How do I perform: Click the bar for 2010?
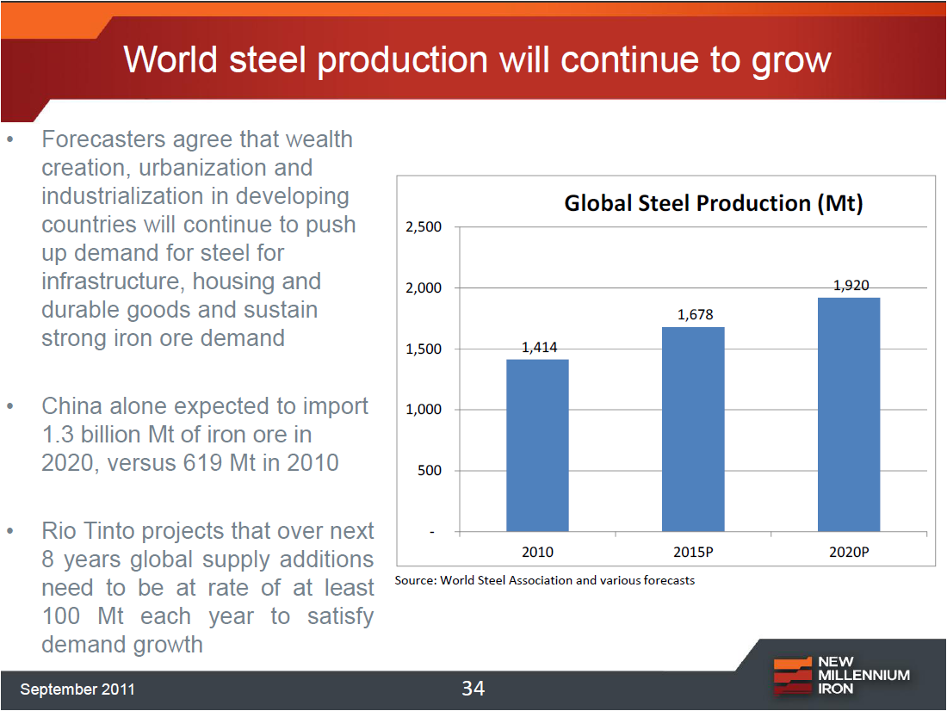pyautogui.click(x=537, y=445)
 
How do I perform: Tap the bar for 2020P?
pyautogui.click(x=849, y=414)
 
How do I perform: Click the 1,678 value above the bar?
pyautogui.click(x=695, y=315)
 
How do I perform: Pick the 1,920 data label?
pyautogui.click(x=851, y=285)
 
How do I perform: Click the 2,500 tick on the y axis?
pyautogui.click(x=423, y=227)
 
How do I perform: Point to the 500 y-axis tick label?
pyautogui.click(x=429, y=471)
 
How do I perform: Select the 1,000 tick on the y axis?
pyautogui.click(x=423, y=410)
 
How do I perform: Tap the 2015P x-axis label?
pyautogui.click(x=693, y=552)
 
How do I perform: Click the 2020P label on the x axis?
pyautogui.click(x=849, y=552)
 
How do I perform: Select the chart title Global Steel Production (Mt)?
pyautogui.click(x=713, y=203)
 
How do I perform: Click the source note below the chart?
pyautogui.click(x=544, y=580)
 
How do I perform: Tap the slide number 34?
pyautogui.click(x=473, y=688)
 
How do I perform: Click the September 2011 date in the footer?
pyautogui.click(x=77, y=689)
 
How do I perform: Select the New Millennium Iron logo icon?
pyautogui.click(x=791, y=676)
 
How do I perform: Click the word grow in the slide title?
pyautogui.click(x=788, y=60)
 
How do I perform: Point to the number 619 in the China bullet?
pyautogui.click(x=205, y=462)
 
